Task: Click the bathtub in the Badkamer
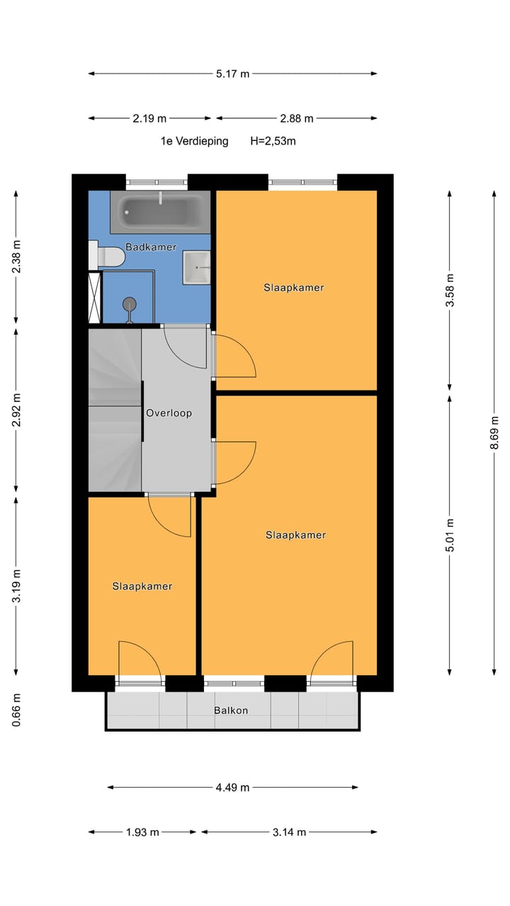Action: pos(161,211)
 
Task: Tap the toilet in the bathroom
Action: pos(108,256)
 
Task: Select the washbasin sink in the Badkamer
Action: pos(197,268)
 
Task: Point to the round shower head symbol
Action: pos(129,304)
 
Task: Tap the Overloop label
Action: pos(169,413)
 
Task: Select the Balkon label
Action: pos(231,710)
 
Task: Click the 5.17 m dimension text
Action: pos(232,73)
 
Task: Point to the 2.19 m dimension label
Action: pos(149,118)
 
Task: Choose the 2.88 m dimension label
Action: pos(296,118)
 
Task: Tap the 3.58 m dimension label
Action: pos(450,290)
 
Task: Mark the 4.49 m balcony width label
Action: pos(232,787)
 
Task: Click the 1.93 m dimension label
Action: pos(142,832)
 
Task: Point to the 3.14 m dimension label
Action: pos(289,832)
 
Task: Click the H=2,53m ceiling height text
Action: pos(273,141)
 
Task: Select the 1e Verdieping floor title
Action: pos(194,141)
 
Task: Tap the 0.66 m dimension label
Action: pos(16,710)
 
